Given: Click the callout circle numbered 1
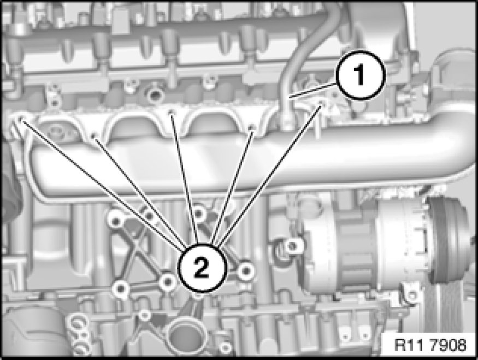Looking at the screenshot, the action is pyautogui.click(x=361, y=75).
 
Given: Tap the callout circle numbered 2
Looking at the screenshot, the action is pyautogui.click(x=202, y=268).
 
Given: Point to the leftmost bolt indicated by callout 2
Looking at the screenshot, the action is pyautogui.click(x=20, y=119).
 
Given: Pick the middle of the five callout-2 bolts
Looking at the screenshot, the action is pyautogui.click(x=172, y=113).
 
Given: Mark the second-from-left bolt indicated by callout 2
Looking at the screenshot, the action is pyautogui.click(x=95, y=135).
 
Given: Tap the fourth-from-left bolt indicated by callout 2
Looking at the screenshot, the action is pyautogui.click(x=251, y=127).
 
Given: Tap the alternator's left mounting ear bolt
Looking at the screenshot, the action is pyautogui.click(x=292, y=245).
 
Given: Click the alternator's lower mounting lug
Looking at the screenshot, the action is pyautogui.click(x=411, y=293).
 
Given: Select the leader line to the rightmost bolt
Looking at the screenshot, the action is pyautogui.click(x=269, y=175).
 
